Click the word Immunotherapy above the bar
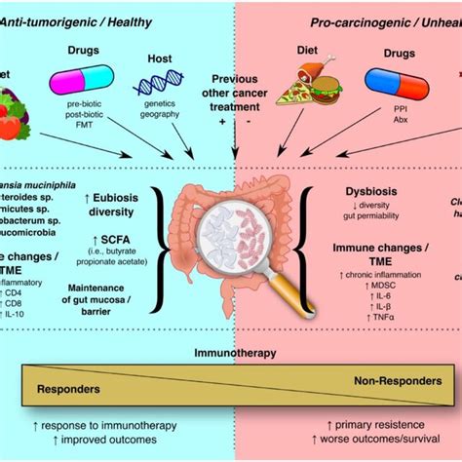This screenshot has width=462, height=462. tap(232, 353)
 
